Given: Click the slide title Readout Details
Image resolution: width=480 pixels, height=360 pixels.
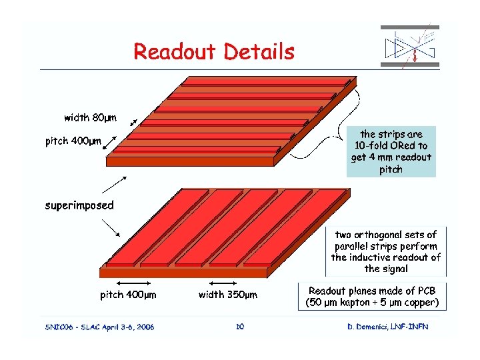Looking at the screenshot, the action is (213, 51).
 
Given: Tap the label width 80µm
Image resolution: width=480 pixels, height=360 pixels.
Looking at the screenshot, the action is (90, 118).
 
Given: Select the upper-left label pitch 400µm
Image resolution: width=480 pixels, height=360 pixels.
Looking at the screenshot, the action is (73, 141).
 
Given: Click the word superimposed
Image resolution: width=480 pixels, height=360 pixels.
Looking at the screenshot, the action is (79, 205).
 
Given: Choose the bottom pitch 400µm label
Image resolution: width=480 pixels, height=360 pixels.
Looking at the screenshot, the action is (128, 295).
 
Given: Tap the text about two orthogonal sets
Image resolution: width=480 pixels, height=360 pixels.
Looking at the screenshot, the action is (385, 251).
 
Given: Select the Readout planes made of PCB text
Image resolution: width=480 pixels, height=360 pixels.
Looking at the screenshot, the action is (372, 297).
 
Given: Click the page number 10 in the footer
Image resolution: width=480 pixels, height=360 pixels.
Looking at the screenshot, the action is (241, 326).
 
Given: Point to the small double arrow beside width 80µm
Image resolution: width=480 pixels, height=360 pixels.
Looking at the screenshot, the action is (133, 123).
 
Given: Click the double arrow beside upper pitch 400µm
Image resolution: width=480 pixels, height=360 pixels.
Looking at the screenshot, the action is (111, 142).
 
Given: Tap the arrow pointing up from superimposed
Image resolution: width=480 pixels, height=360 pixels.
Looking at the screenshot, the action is (115, 185).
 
